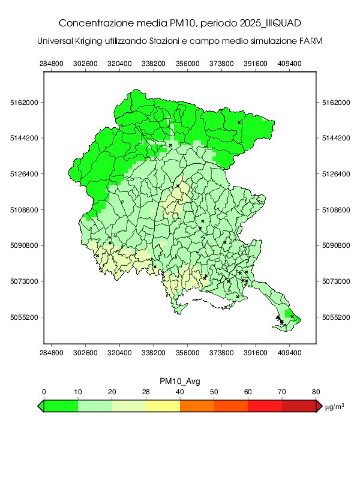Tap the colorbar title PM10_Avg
pyautogui.click(x=179, y=382)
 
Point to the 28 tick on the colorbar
pyautogui.click(x=146, y=392)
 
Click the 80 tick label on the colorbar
pyautogui.click(x=316, y=392)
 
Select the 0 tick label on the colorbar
pyautogui.click(x=44, y=392)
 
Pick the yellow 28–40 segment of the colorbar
pyautogui.click(x=163, y=406)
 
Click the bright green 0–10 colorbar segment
pyautogui.click(x=61, y=406)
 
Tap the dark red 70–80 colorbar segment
pyautogui.click(x=299, y=406)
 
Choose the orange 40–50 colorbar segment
pyautogui.click(x=197, y=406)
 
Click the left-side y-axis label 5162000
pyautogui.click(x=25, y=103)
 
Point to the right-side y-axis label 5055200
pyautogui.click(x=334, y=317)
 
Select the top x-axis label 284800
pyautogui.click(x=51, y=63)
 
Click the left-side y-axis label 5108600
pyautogui.click(x=25, y=210)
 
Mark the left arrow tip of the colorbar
pyautogui.click(x=39, y=406)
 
